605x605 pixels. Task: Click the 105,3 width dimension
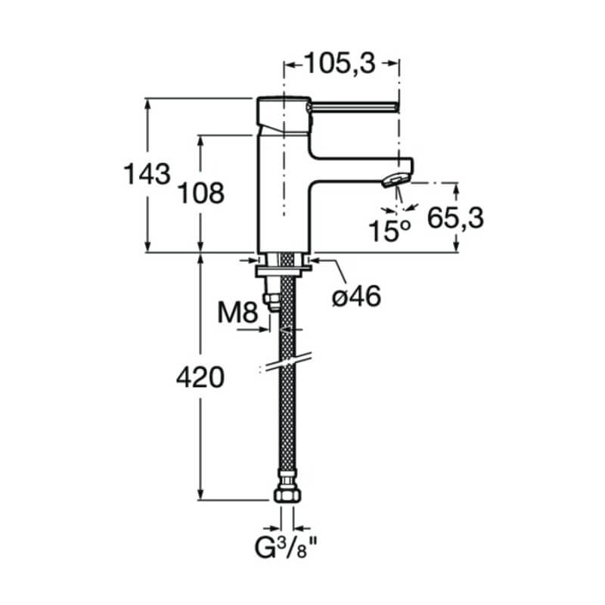coord(340,64)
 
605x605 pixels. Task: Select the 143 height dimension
coord(147,174)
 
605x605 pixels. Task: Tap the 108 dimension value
coord(200,193)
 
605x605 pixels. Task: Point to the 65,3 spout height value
coord(455,218)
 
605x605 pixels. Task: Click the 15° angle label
coord(389,231)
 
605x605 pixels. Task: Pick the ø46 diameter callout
coord(357,296)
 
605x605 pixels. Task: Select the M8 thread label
coord(237,312)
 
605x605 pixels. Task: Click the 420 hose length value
coord(200,377)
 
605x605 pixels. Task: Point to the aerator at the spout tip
coord(396,180)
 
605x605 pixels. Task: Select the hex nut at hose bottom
coord(286,495)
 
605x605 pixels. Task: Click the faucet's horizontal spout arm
coord(361,169)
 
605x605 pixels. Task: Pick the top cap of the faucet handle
coord(284,98)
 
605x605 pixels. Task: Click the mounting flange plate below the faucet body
coord(283,271)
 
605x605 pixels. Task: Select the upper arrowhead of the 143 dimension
coord(147,104)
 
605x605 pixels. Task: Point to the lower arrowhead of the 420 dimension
coord(200,495)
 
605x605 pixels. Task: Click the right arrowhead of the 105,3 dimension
coord(393,64)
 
